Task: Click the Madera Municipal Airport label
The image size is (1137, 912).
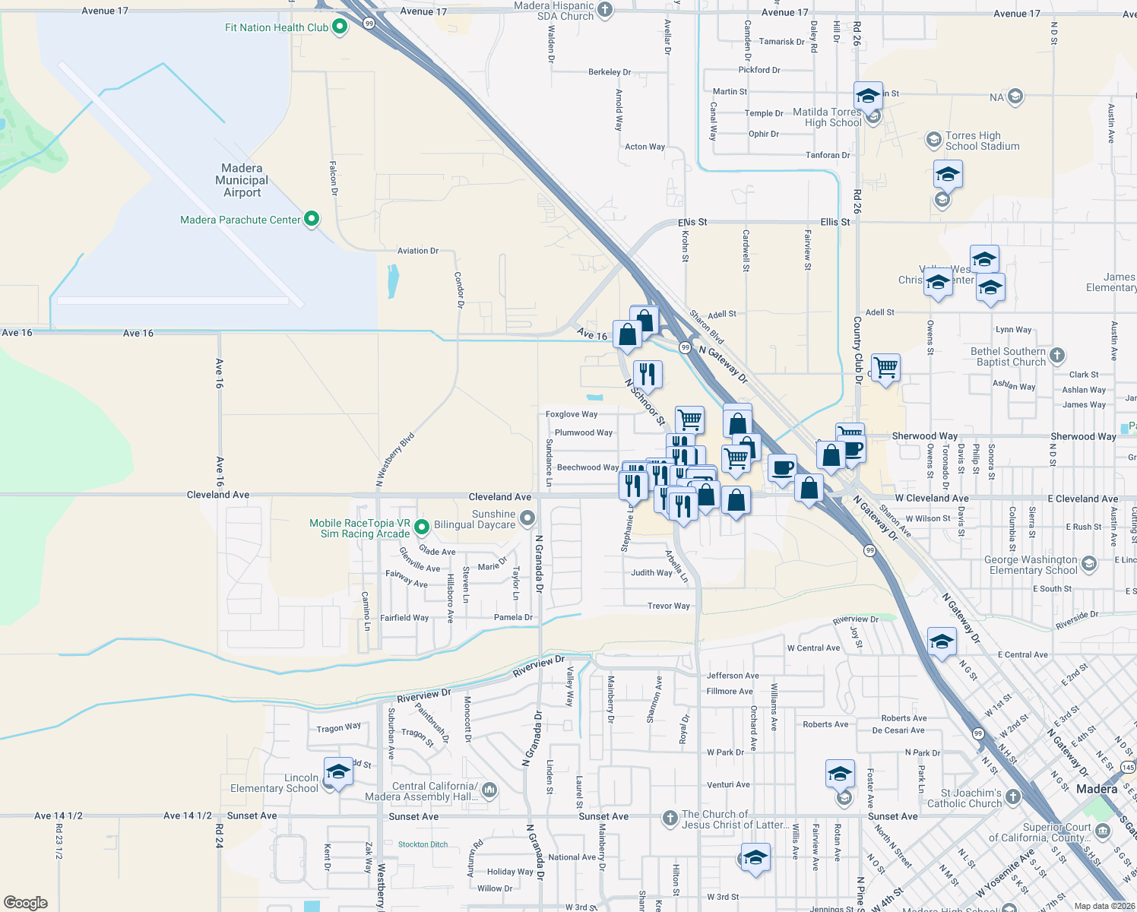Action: [x=242, y=180]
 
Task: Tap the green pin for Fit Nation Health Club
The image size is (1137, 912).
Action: [x=340, y=27]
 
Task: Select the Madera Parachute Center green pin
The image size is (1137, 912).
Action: [x=311, y=220]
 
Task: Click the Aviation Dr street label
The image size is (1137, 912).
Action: [x=417, y=251]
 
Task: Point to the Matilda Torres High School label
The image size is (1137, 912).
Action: [x=827, y=117]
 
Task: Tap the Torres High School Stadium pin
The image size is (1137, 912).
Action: [x=933, y=140]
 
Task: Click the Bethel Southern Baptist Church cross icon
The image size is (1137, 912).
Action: [x=1056, y=355]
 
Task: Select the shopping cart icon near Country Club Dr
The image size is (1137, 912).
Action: [x=886, y=368]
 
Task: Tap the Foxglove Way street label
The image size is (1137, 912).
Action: [x=572, y=414]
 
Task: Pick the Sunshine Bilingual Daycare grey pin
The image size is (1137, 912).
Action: [x=527, y=518]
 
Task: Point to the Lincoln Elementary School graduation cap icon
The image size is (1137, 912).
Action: [x=338, y=772]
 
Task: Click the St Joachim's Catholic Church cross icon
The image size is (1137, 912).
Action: [x=1012, y=797]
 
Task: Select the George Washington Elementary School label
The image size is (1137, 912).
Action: [x=1033, y=565]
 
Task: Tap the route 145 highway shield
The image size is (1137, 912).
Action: [x=1129, y=768]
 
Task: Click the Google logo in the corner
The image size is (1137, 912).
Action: [x=26, y=903]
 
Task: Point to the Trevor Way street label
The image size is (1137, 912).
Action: [x=669, y=606]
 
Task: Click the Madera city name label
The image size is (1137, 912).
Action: [x=1097, y=789]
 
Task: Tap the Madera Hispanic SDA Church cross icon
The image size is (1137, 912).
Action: [x=605, y=10]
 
